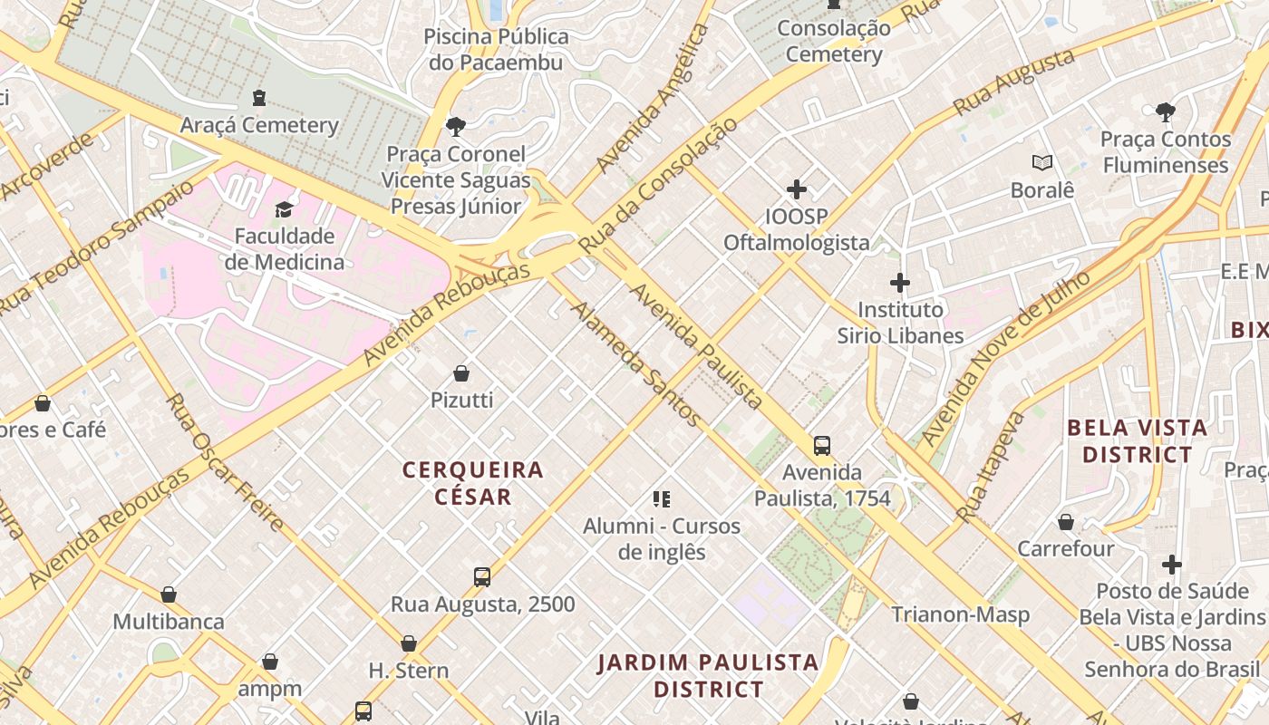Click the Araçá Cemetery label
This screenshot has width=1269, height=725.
259,125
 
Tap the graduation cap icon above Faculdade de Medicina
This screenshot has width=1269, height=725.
285,210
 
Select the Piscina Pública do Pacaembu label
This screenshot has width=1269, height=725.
497,50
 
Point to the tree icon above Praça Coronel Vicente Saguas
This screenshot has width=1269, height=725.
456,127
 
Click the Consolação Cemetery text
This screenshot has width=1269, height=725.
834,42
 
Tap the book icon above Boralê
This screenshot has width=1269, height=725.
1042,163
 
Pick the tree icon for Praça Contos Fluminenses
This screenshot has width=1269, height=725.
1166,112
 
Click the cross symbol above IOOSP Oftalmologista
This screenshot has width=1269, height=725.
797,189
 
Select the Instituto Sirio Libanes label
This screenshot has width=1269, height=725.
900,323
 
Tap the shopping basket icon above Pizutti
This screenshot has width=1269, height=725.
461,373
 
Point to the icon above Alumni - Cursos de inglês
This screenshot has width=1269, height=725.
662,499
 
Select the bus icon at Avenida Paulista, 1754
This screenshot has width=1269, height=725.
822,446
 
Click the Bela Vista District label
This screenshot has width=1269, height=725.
1137,440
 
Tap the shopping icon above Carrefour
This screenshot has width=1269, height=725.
1066,522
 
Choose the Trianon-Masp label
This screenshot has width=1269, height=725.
960,614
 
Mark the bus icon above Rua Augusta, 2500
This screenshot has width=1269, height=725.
482,577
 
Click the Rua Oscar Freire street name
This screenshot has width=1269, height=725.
226,461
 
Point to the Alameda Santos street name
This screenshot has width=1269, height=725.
635,363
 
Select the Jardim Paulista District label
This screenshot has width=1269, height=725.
708,676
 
